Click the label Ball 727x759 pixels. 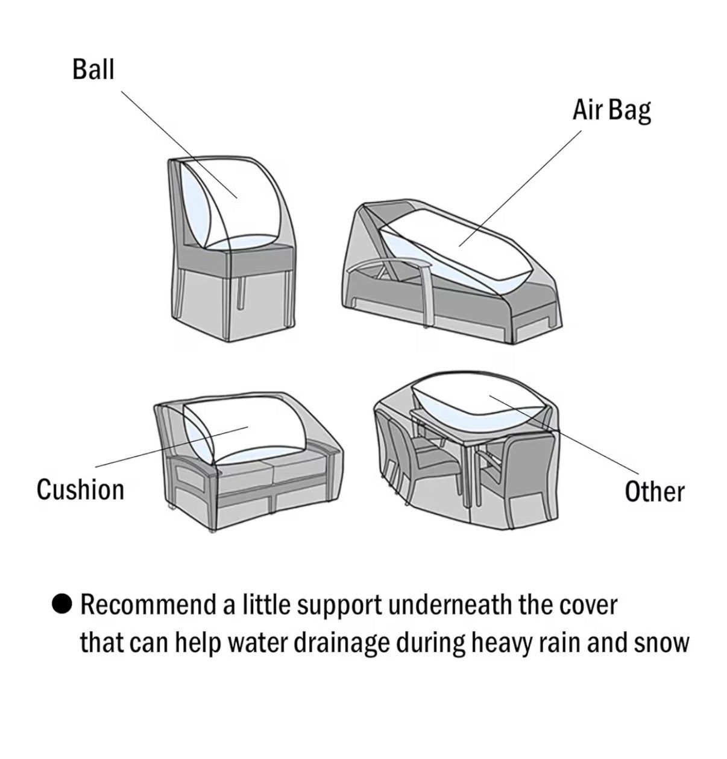[93, 69]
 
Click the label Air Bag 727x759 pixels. [612, 110]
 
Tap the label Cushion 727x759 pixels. [80, 489]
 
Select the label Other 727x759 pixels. [654, 492]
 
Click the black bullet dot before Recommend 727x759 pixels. [62, 604]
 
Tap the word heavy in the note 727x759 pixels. [497, 643]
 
